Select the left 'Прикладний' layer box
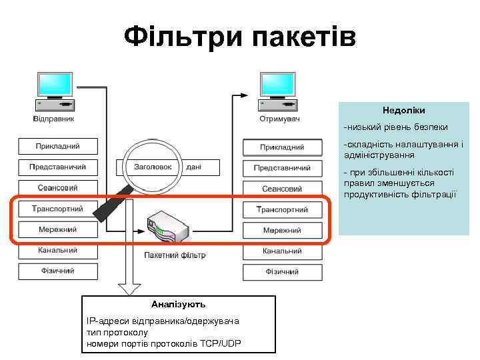pyautogui.click(x=58, y=145)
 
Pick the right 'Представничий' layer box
pyautogui.click(x=282, y=167)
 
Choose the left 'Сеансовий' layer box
pyautogui.click(x=58, y=188)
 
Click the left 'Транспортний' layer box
pyautogui.click(x=58, y=209)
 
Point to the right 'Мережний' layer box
pyautogui.click(x=282, y=231)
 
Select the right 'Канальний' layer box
pyautogui.click(x=282, y=251)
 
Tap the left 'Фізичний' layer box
pyautogui.click(x=58, y=271)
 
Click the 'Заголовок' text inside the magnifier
pyautogui.click(x=153, y=167)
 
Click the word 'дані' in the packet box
pyautogui.click(x=194, y=167)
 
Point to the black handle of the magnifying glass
pyautogui.click(x=110, y=203)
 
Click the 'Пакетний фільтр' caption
pyautogui.click(x=175, y=255)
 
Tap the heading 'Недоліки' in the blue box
pyautogui.click(x=403, y=110)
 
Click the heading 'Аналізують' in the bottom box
pyautogui.click(x=178, y=304)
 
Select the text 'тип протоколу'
pyautogui.click(x=117, y=332)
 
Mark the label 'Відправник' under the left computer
pyautogui.click(x=54, y=119)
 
